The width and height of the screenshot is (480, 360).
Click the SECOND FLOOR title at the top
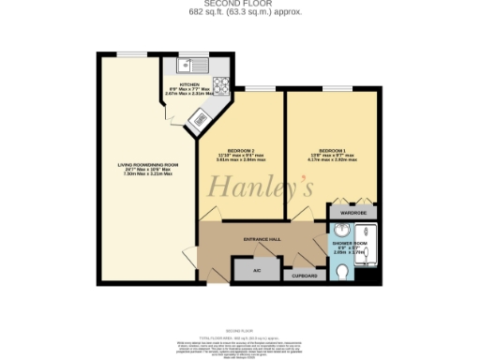pos(239,5)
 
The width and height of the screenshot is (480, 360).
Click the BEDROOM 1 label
pos(333,151)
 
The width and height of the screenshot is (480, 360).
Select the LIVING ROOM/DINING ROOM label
pos(147,165)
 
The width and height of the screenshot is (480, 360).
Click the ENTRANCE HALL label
pos(262,239)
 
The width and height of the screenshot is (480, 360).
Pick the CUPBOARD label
pos(305,276)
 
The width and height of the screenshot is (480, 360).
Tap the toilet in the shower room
pos(342,273)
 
